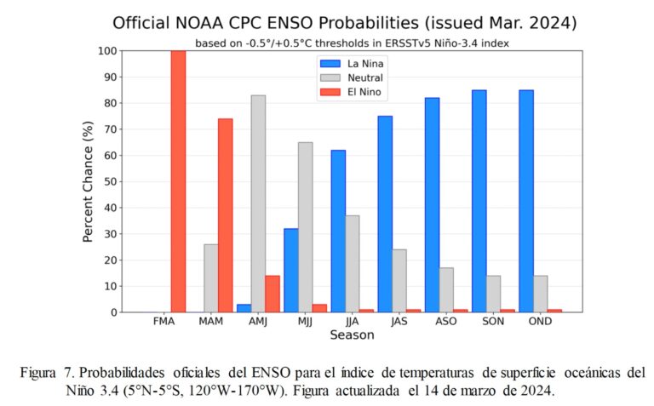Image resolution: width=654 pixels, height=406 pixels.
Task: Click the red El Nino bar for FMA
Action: point(178,181)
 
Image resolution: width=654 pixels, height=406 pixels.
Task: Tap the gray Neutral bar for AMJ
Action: point(258,203)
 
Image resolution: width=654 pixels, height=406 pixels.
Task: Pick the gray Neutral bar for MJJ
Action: point(305,227)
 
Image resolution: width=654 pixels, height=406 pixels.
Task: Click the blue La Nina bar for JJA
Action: point(338,231)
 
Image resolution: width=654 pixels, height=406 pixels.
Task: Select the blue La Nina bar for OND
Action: point(526,201)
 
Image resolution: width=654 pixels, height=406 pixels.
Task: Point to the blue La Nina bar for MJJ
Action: point(290,270)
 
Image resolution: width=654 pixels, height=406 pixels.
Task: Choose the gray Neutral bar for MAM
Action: point(210,278)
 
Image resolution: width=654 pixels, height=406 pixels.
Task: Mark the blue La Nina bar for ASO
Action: point(432,204)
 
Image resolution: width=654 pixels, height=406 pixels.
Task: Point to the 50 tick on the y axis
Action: point(106,181)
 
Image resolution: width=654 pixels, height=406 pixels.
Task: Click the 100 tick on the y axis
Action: point(104,51)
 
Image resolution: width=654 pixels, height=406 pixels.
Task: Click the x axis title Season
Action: point(352,335)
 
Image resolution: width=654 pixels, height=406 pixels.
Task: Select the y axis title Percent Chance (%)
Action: point(88,181)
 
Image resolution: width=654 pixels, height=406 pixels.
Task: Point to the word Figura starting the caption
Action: point(40,373)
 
